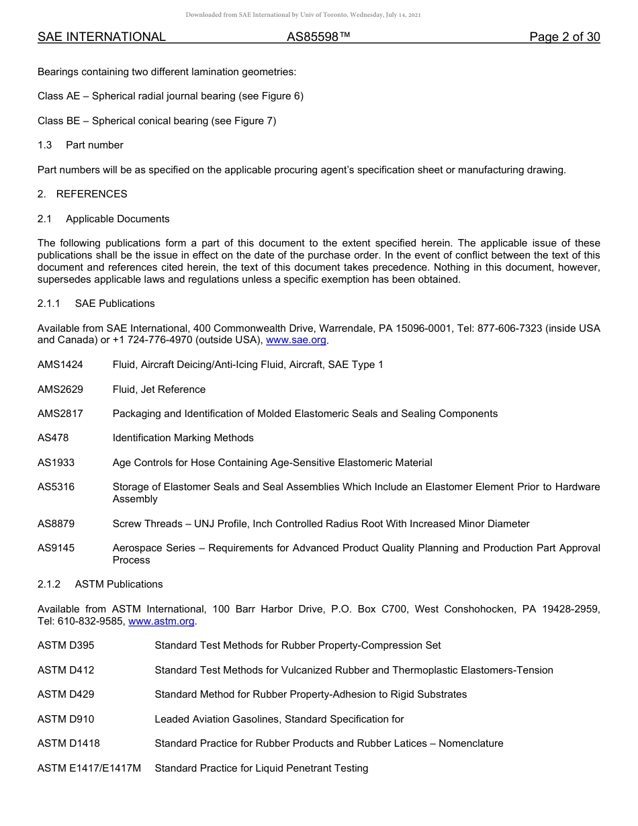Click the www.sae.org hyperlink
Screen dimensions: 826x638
click(x=296, y=340)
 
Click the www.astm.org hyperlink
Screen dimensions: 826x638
click(x=161, y=621)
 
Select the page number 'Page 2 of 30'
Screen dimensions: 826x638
click(x=564, y=37)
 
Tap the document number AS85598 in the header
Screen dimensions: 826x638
click(x=318, y=37)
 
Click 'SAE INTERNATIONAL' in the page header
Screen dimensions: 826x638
click(x=101, y=37)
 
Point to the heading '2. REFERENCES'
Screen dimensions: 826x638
click(x=83, y=194)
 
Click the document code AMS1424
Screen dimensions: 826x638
click(x=60, y=365)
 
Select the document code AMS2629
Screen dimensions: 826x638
click(x=60, y=389)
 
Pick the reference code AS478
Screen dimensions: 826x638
click(x=53, y=438)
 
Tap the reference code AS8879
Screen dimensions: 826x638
click(x=56, y=524)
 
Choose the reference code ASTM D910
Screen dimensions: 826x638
click(x=66, y=719)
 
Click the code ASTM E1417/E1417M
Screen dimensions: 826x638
click(x=89, y=768)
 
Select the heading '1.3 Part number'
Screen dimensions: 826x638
click(x=81, y=145)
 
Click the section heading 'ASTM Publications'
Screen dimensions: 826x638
click(x=119, y=584)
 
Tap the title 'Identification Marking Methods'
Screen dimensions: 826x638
click(x=183, y=438)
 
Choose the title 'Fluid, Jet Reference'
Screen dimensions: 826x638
click(x=159, y=389)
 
